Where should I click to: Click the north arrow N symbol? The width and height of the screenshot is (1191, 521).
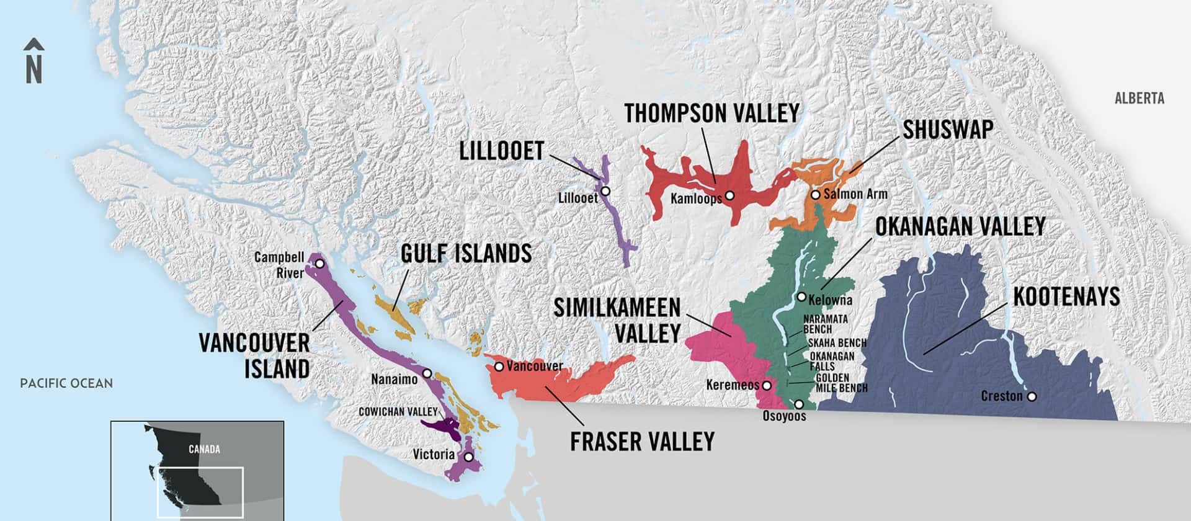[33, 62]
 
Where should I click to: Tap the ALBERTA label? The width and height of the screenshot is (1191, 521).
[1139, 99]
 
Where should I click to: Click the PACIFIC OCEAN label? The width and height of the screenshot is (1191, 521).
[66, 383]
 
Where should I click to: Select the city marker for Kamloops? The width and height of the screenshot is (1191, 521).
[730, 195]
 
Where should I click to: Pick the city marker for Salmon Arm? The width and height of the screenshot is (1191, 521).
[816, 195]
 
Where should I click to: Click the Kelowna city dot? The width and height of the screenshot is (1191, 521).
[801, 297]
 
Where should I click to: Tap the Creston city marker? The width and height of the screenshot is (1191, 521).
[1032, 396]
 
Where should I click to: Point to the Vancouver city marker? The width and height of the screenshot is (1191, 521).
[499, 367]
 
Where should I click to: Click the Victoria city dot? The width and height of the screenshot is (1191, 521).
[469, 457]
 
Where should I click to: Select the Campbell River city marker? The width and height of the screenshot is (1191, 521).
[319, 264]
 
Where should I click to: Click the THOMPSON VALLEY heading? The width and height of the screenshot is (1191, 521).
[711, 114]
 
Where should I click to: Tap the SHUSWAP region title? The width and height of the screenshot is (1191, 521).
[947, 130]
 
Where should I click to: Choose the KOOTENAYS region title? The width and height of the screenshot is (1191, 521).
[1066, 297]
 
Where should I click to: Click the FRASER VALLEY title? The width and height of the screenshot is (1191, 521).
[642, 442]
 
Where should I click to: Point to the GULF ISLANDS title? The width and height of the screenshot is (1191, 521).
[466, 254]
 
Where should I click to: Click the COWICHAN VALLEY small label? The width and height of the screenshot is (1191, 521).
[398, 412]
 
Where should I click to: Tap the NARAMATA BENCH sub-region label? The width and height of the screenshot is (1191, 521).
[825, 324]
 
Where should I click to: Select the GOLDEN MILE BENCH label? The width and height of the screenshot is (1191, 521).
[841, 383]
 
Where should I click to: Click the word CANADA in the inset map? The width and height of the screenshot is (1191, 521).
[204, 449]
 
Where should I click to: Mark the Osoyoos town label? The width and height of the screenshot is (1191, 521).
[784, 416]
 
